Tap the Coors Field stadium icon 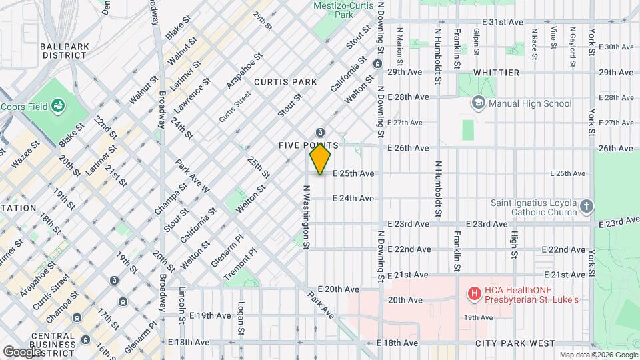[59, 105]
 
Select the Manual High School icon [478, 103]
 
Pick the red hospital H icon [474, 293]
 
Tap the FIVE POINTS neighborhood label [309, 145]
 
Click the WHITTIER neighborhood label [496, 72]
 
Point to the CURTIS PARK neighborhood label [285, 81]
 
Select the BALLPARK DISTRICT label [63, 51]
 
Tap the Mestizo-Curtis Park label [343, 9]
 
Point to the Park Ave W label [193, 176]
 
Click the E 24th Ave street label [353, 198]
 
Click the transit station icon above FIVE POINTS [320, 132]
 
